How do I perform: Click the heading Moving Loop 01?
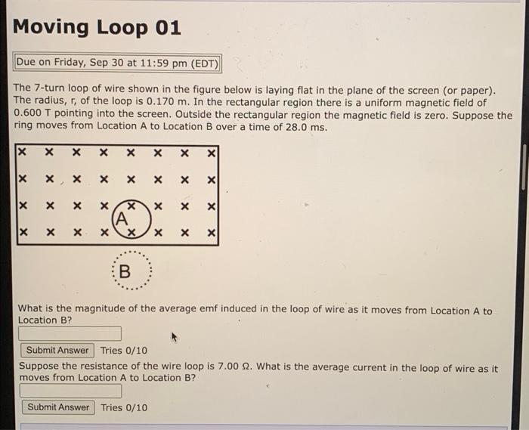coord(97,28)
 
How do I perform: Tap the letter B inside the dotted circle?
coord(125,271)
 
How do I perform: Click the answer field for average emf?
coord(70,333)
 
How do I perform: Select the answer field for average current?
coord(70,391)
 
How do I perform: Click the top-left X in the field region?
coord(23,153)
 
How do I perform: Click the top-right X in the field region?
coord(212,153)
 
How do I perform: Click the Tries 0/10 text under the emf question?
coord(124,350)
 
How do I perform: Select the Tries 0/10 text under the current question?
coord(124,407)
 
